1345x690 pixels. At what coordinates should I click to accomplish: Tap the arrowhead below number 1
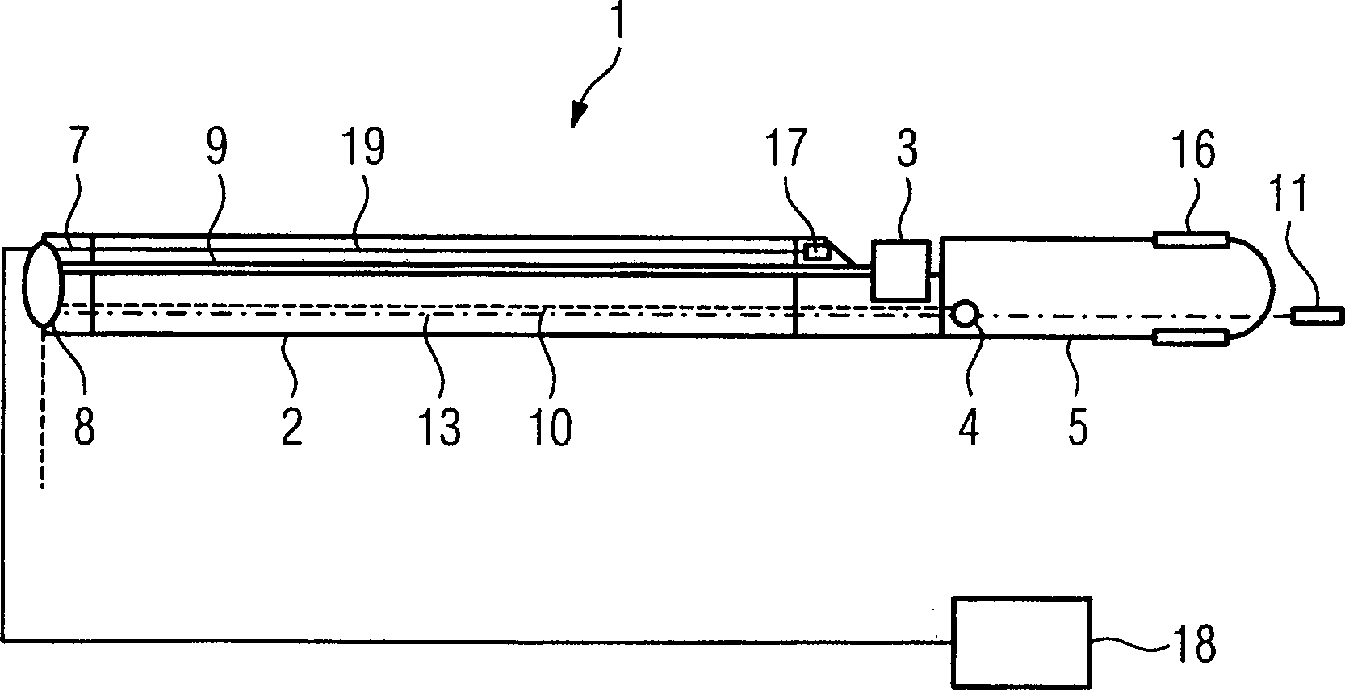coord(579,114)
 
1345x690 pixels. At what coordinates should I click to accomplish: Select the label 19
coord(362,146)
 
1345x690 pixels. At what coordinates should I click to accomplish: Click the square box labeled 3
coord(901,270)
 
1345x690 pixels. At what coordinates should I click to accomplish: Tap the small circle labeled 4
coord(965,314)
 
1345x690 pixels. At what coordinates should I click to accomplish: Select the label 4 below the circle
coord(969,427)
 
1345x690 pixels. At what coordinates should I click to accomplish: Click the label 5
coord(1078,427)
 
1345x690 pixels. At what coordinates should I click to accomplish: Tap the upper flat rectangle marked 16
coord(1190,240)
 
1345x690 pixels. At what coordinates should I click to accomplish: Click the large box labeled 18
coord(1021,642)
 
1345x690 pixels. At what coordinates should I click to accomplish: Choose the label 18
coord(1194,642)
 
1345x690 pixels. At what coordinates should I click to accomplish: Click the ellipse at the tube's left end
coord(43,284)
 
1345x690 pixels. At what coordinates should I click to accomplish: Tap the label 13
coord(439,427)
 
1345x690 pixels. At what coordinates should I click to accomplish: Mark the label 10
coord(550,427)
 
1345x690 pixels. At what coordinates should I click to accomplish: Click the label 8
coord(84,427)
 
